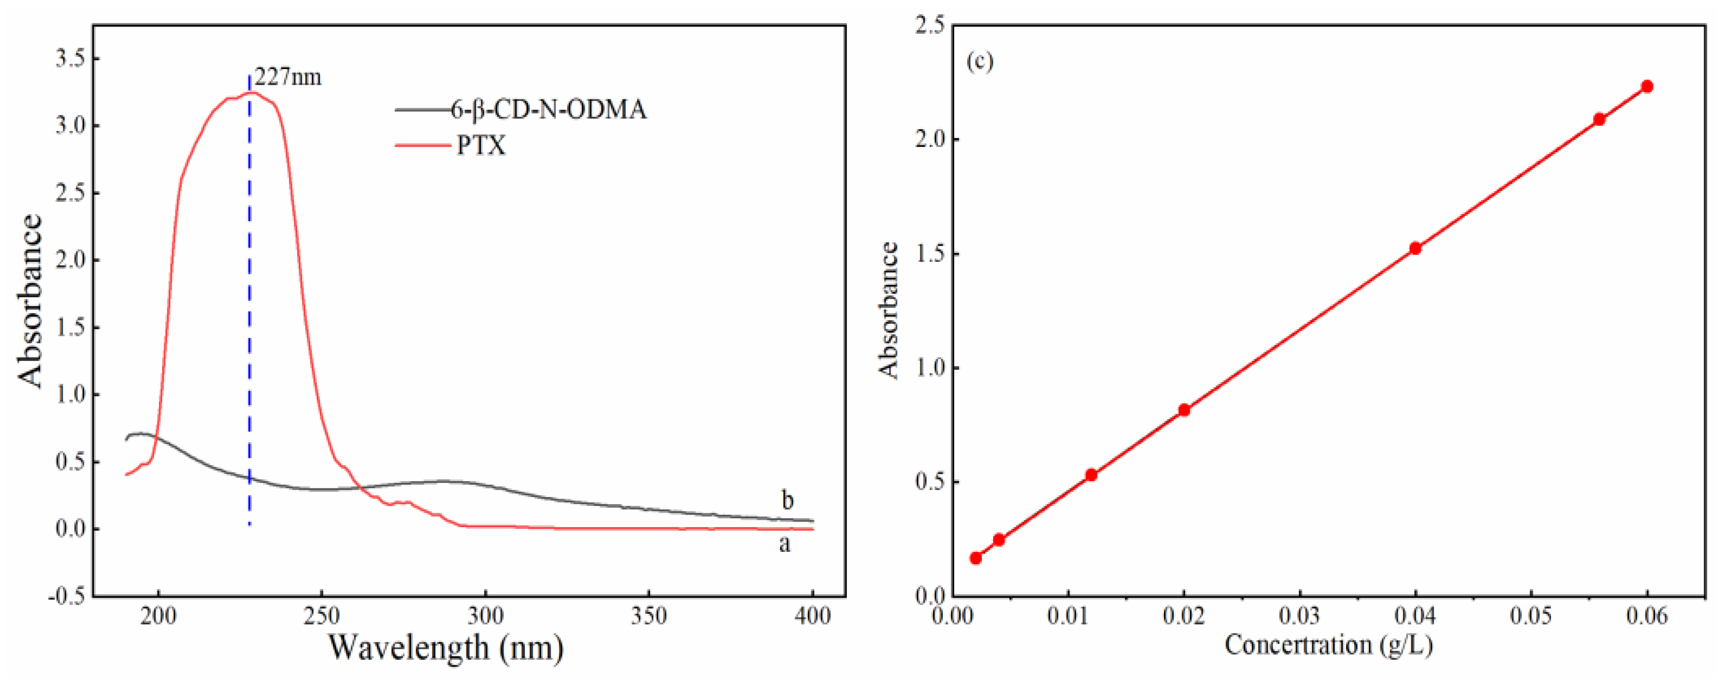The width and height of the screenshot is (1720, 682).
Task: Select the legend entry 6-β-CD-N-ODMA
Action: pyautogui.click(x=548, y=109)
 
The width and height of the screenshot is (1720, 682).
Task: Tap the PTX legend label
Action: pyautogui.click(x=481, y=145)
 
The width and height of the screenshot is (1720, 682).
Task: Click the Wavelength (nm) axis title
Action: pyautogui.click(x=446, y=647)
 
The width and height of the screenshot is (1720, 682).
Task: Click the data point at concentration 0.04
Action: pyautogui.click(x=1414, y=248)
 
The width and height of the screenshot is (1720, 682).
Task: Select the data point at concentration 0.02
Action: pyautogui.click(x=1184, y=410)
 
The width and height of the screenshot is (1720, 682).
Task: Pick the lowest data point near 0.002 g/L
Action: pyautogui.click(x=976, y=558)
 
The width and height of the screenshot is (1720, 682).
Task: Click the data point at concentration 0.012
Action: pyautogui.click(x=1091, y=475)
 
